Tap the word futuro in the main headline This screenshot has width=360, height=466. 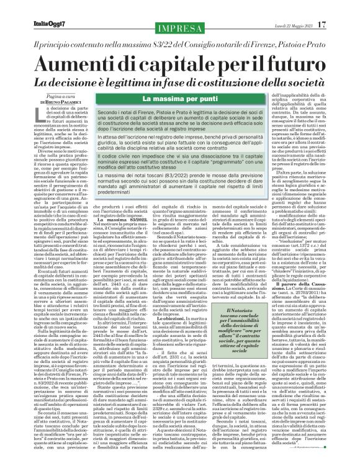click(x=299, y=65)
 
